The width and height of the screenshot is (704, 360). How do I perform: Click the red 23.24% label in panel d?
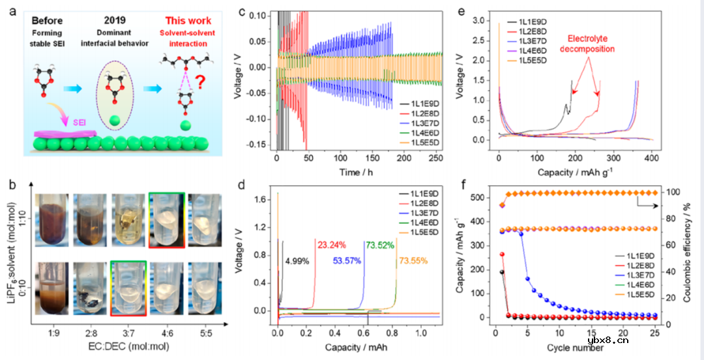click(332, 245)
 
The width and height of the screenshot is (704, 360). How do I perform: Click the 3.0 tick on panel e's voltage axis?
click(484, 22)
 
